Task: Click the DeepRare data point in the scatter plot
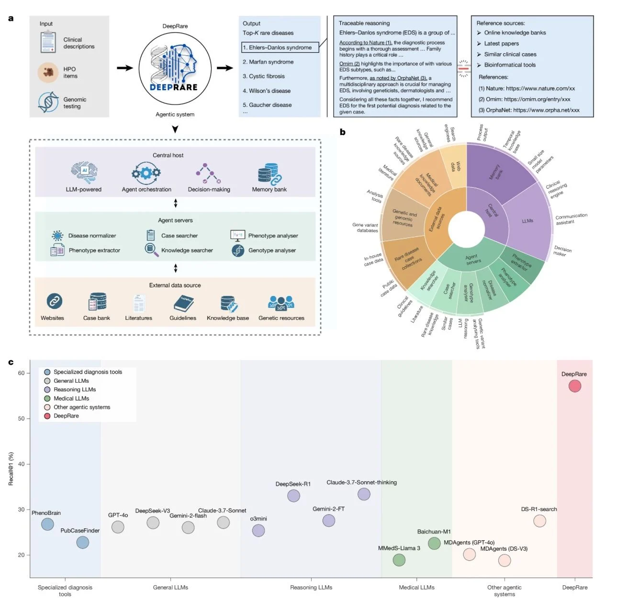tap(574, 386)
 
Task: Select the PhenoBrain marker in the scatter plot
tap(47, 524)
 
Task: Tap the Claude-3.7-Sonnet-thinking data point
tap(364, 494)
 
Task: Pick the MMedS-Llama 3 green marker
tap(399, 559)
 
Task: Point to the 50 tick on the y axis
tap(22, 419)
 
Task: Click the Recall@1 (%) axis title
tap(11, 469)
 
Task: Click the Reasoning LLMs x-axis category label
tap(311, 587)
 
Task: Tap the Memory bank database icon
tap(269, 174)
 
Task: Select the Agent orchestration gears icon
tap(146, 173)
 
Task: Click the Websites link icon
tap(55, 301)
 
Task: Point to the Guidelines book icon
tap(183, 303)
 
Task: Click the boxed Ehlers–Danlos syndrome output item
tap(280, 47)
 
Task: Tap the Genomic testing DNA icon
tap(48, 102)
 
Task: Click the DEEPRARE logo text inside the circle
tap(173, 87)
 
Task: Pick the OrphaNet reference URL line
tap(529, 110)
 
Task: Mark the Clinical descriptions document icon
tap(48, 42)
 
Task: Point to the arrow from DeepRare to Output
tap(225, 68)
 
